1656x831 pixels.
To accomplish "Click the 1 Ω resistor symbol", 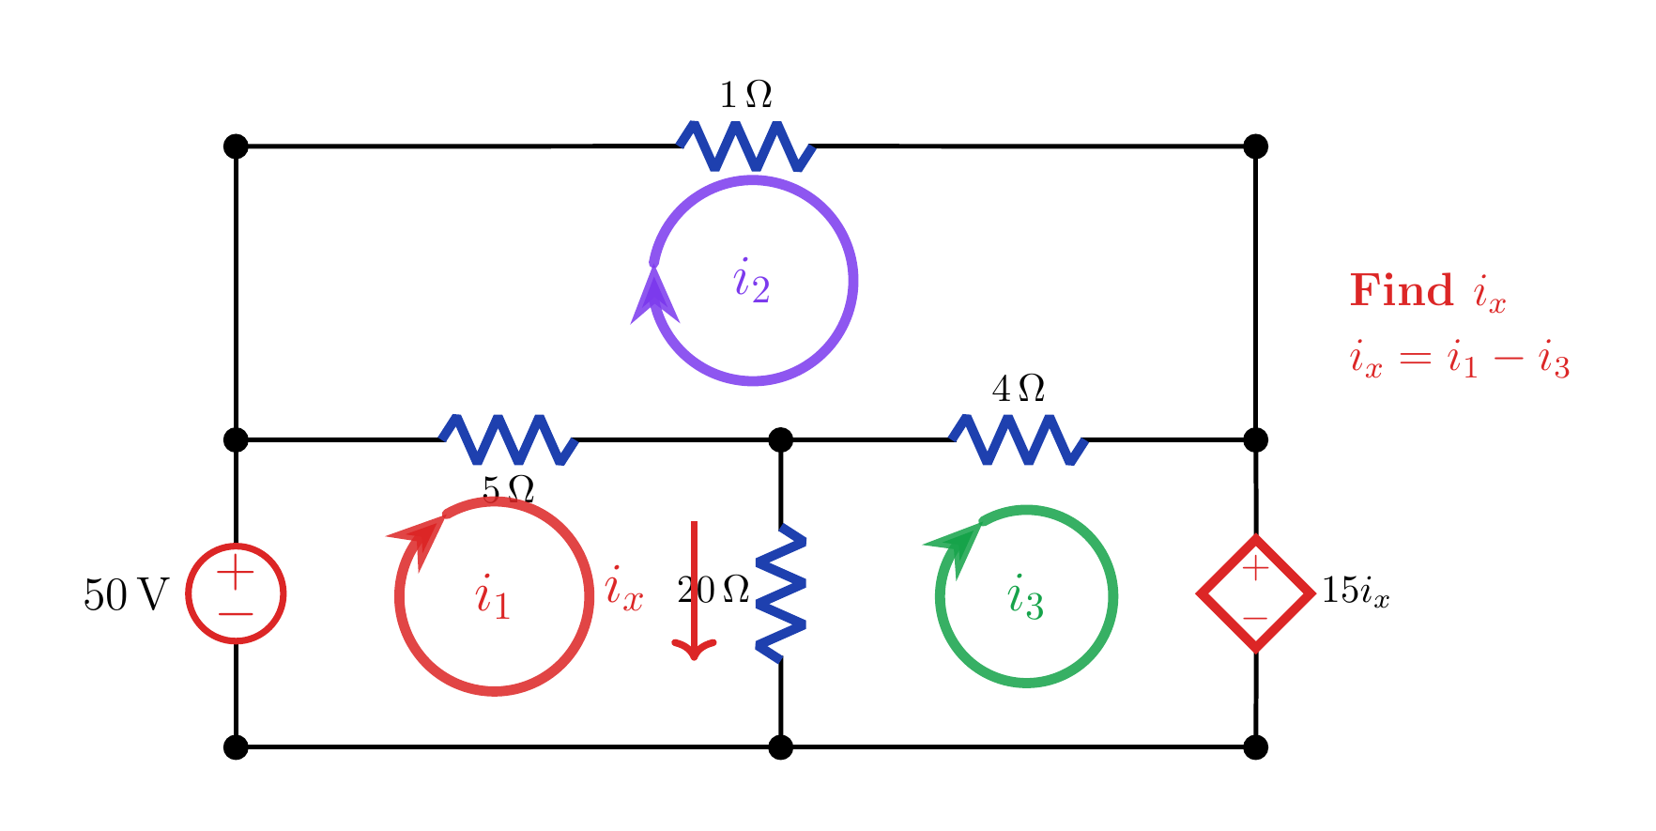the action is tap(746, 146).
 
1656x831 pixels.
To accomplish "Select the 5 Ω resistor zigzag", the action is tap(509, 439).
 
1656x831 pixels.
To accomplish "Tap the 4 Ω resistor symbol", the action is tap(1019, 439).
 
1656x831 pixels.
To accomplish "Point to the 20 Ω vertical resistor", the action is tap(781, 592).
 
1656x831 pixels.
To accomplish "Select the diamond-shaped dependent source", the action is tap(1255, 593).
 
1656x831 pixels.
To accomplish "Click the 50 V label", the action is tap(126, 594).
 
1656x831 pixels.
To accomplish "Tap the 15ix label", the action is tap(1355, 591).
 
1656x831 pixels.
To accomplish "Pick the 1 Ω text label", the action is tap(746, 95).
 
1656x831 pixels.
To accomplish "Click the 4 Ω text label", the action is tap(1019, 389).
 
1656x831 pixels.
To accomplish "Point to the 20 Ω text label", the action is tap(713, 590).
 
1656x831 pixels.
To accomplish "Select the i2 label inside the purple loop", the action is tap(752, 281).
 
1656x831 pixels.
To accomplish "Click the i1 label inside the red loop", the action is tap(493, 597).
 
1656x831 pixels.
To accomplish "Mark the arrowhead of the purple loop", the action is tap(654, 295).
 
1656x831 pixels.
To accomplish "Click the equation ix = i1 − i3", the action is tap(1460, 360).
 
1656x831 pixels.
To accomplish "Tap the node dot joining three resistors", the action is tap(780, 439).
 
